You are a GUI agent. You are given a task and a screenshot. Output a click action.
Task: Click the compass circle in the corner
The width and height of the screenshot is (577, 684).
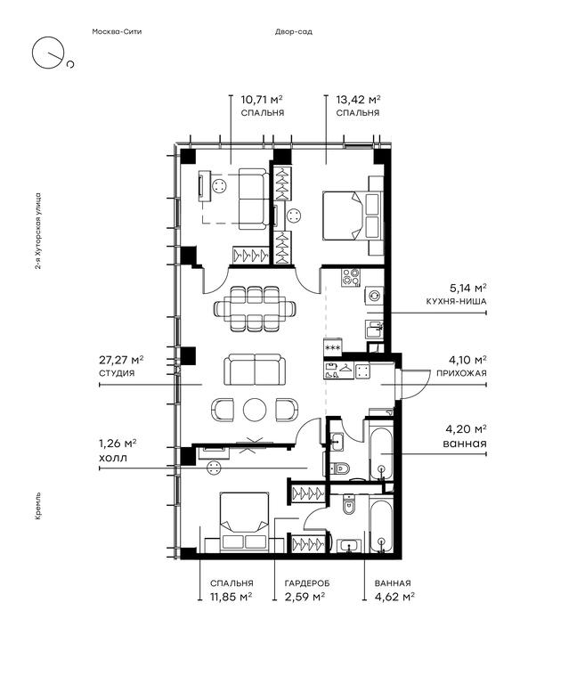coord(33,53)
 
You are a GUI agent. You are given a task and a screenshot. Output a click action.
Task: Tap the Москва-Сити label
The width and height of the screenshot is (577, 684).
coord(117,31)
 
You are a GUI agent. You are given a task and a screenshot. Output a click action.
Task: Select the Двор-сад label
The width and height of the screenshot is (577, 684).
coord(294,31)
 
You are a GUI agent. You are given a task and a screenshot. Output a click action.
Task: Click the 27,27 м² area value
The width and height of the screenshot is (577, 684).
coord(121,360)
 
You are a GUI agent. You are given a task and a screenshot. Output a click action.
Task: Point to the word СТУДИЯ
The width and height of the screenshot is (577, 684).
coord(117,373)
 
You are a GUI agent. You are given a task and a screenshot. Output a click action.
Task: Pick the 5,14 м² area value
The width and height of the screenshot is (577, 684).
coord(468,288)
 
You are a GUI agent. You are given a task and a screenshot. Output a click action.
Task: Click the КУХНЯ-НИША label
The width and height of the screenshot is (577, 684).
coord(456,301)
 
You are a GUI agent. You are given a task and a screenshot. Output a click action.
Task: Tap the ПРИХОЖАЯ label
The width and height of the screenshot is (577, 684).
coord(461,373)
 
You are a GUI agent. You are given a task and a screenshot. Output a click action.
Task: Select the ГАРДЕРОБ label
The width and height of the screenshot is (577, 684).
coord(307,583)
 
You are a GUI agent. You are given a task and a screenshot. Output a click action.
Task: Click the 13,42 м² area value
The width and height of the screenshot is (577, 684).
coord(358,99)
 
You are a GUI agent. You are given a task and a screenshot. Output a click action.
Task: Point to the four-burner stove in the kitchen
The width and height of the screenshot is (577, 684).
coord(351,277)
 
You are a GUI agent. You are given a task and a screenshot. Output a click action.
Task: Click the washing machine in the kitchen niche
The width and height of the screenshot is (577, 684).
coord(374,296)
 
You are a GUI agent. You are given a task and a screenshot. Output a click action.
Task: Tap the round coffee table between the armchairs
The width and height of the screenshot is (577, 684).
coord(255,410)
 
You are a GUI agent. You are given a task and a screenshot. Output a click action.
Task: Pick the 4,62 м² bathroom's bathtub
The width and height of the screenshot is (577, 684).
coord(381,523)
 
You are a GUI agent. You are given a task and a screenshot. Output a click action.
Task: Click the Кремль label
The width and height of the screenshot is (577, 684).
coord(38,507)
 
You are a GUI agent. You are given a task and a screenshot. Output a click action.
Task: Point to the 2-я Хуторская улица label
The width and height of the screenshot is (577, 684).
coord(38,232)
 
